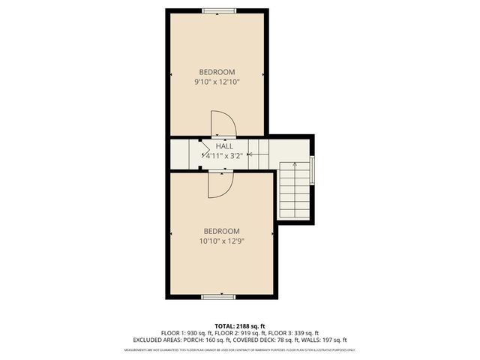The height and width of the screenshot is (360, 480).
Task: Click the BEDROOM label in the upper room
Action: point(217,72)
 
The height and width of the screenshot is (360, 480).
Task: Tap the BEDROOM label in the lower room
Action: point(221,231)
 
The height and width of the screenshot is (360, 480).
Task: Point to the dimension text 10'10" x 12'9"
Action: point(221,241)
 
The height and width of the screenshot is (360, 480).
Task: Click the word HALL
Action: point(223,145)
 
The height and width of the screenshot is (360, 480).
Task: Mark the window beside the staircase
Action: point(313,169)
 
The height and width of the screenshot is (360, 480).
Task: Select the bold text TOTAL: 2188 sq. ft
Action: point(239,326)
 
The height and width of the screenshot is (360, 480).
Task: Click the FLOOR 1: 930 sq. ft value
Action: point(185,333)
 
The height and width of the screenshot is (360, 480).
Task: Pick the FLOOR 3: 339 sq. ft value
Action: point(294,333)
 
